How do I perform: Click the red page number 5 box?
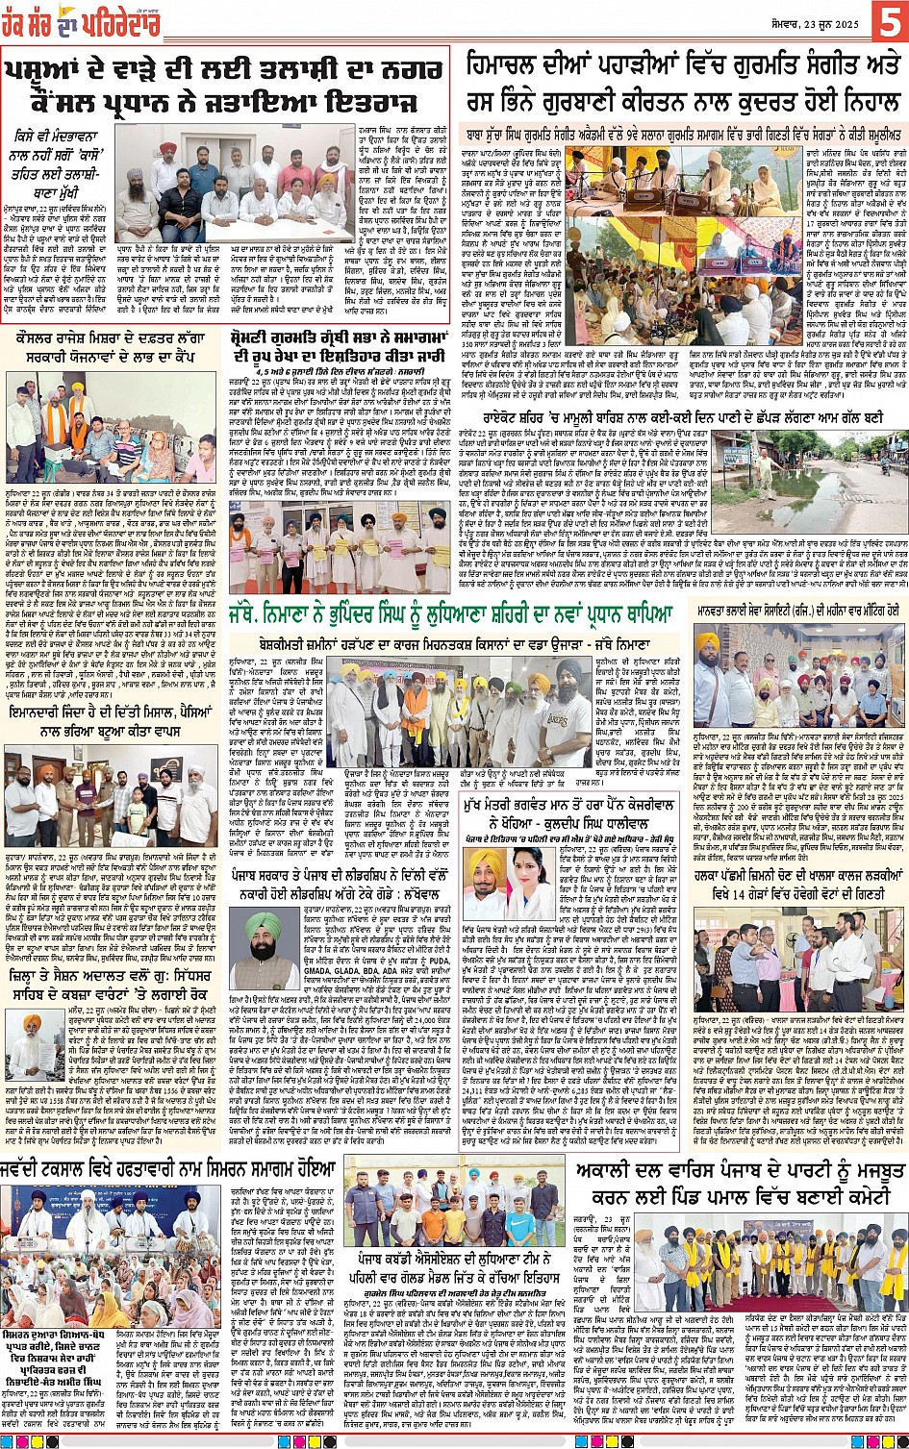pos(886,22)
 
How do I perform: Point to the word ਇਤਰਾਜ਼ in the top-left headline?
pos(366,103)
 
